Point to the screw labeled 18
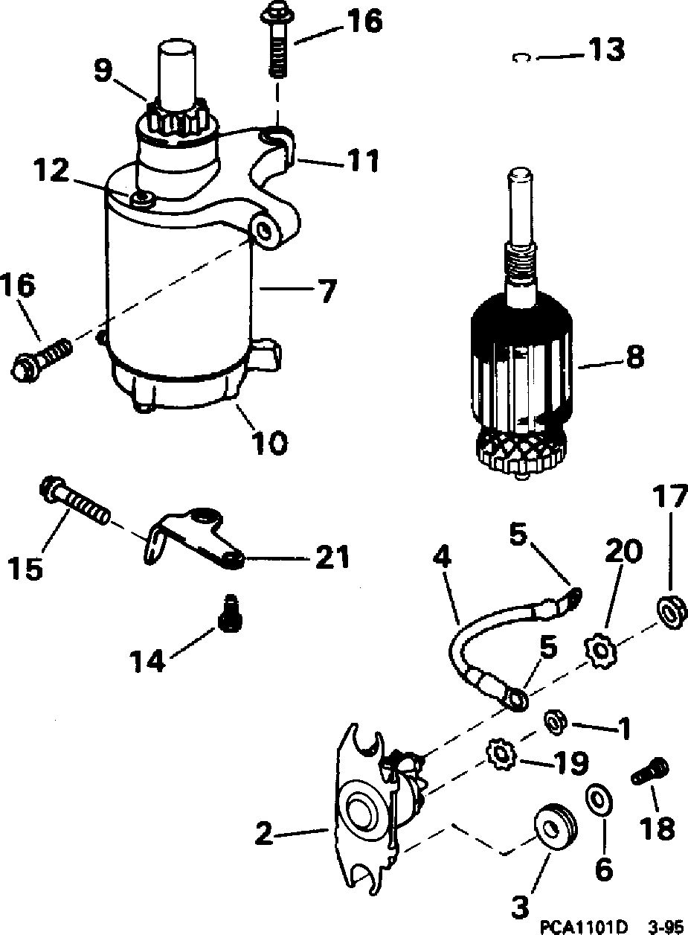(651, 772)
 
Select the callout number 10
(269, 442)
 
